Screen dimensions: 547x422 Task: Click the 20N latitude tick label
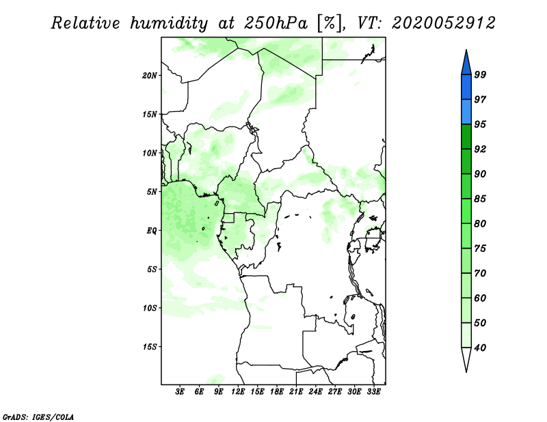(x=150, y=76)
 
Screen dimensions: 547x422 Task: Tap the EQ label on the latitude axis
(x=152, y=231)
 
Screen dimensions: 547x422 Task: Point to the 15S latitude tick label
(x=150, y=347)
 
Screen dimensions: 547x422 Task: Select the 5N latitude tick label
(x=152, y=192)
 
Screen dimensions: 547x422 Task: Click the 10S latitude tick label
(x=150, y=308)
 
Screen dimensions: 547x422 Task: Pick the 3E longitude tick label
(x=180, y=391)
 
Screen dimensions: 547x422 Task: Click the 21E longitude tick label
(x=296, y=391)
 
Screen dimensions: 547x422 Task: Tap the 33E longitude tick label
(x=373, y=391)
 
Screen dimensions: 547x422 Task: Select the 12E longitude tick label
(x=238, y=391)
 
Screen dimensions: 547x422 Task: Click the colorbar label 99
(x=480, y=74)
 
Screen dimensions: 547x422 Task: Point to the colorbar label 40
(x=480, y=348)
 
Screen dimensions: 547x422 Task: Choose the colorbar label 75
(x=480, y=249)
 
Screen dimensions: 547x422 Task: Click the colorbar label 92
(x=480, y=149)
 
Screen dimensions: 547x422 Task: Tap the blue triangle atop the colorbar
(x=466, y=64)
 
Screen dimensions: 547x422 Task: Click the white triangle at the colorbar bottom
(x=466, y=358)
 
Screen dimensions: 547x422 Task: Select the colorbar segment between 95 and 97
(x=466, y=112)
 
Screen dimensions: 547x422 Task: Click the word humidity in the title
(x=169, y=23)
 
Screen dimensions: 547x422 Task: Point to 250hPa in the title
(x=276, y=23)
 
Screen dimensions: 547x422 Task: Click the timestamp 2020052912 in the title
(x=443, y=23)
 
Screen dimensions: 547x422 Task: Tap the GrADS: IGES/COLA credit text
(x=38, y=417)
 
